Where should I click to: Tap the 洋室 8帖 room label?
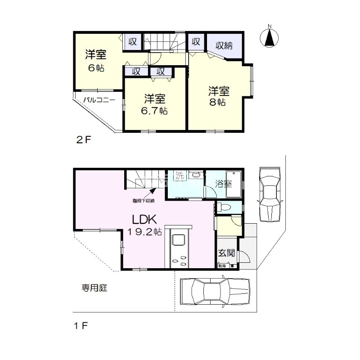coord(219,96)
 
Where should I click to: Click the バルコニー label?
coord(99,100)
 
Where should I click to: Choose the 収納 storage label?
coord(224,45)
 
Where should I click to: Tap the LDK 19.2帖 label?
coord(144,225)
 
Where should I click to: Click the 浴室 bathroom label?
coord(223,184)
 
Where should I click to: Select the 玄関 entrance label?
coord(227,253)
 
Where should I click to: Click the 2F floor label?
coord(83,139)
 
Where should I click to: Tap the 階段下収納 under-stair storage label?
coord(143,200)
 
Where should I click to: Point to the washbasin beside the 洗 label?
coord(195,175)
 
